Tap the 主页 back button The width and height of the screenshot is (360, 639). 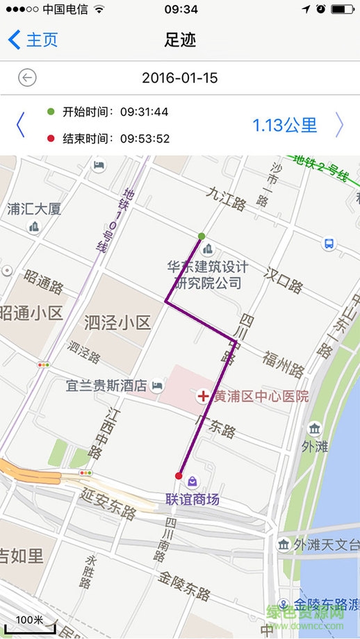[x=33, y=40]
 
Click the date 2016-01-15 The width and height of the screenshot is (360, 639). [x=180, y=78]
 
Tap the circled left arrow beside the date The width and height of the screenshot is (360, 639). [x=28, y=78]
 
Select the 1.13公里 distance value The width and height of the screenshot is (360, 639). [x=284, y=125]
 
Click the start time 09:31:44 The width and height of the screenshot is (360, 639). [x=145, y=112]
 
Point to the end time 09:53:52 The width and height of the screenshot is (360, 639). [x=145, y=138]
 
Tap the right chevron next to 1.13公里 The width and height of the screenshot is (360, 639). [x=339, y=125]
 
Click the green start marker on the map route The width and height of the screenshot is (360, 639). [x=202, y=236]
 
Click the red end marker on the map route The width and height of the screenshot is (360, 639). [x=179, y=476]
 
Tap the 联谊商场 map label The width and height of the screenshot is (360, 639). [x=193, y=499]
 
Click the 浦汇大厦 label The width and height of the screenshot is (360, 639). [x=34, y=208]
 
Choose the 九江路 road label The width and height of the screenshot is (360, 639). [x=226, y=204]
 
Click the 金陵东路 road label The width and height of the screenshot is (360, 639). [x=184, y=586]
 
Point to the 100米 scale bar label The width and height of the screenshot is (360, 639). [x=30, y=619]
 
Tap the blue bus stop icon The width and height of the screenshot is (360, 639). [x=329, y=244]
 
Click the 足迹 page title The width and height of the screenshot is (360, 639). [x=180, y=40]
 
